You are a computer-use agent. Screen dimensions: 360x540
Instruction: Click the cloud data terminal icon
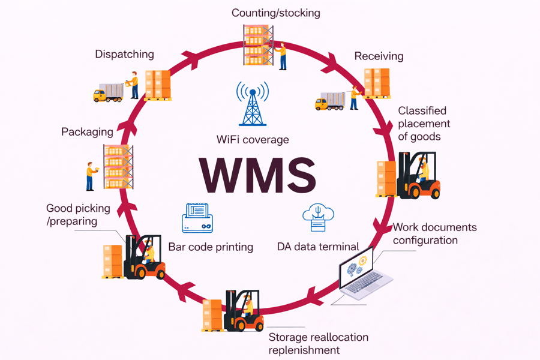pyautogui.click(x=318, y=217)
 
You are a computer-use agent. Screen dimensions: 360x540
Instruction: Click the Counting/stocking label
pyautogui.click(x=276, y=13)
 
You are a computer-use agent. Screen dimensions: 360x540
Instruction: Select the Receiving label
pyautogui.click(x=379, y=56)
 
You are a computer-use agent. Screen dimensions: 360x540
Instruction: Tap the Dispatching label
pyautogui.click(x=124, y=55)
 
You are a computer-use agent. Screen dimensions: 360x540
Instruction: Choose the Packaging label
pyautogui.click(x=87, y=131)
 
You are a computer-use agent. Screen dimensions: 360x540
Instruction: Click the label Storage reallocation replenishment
pyautogui.click(x=318, y=343)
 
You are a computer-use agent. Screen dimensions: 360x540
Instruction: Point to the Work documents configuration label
pyautogui.click(x=434, y=233)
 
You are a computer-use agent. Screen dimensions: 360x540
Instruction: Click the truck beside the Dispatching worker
pyautogui.click(x=108, y=93)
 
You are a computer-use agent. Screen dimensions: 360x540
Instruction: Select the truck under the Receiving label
pyautogui.click(x=330, y=101)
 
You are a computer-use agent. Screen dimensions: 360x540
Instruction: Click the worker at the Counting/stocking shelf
pyautogui.click(x=282, y=55)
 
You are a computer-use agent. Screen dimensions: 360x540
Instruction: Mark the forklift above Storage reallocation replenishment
pyautogui.click(x=244, y=311)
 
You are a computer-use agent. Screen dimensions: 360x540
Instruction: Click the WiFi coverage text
pyautogui.click(x=253, y=140)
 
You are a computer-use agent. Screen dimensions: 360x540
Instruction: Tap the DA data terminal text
pyautogui.click(x=318, y=247)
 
